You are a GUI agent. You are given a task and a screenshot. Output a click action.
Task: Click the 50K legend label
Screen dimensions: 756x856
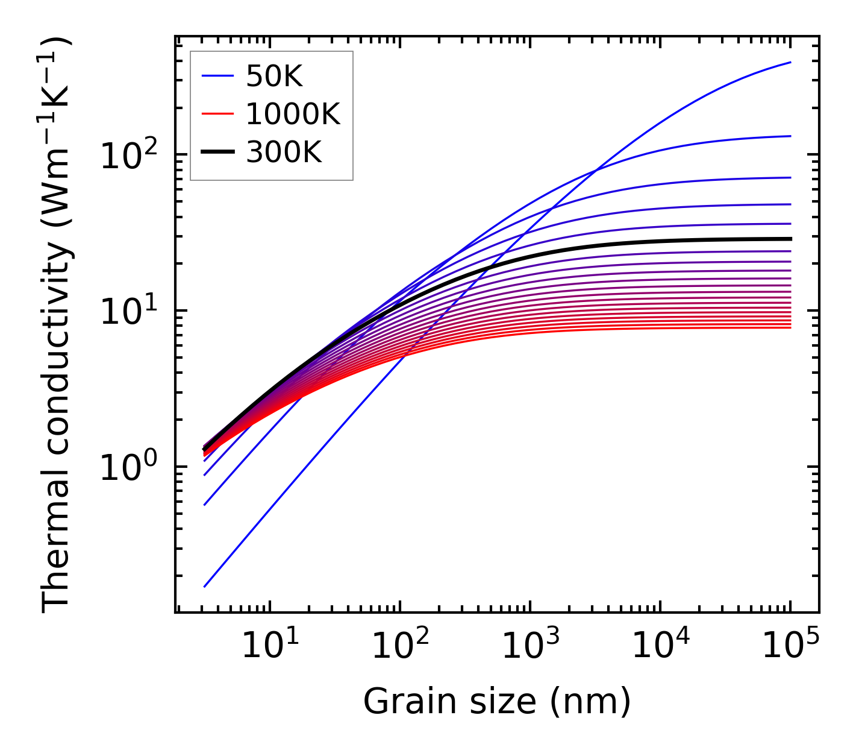pos(274,77)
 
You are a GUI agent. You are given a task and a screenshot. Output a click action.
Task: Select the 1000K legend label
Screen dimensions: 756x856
pos(293,115)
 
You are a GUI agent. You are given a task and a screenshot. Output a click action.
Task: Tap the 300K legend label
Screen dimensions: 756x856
pos(284,153)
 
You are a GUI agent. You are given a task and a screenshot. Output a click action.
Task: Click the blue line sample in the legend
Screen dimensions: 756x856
pos(217,77)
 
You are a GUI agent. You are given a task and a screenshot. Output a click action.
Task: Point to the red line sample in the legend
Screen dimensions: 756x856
pos(217,115)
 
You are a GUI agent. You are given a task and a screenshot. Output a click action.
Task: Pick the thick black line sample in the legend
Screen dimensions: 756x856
pos(217,153)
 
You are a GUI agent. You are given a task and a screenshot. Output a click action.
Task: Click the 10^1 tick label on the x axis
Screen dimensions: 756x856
pos(269,646)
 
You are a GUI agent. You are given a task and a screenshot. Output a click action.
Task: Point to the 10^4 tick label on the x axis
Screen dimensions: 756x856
pos(660,646)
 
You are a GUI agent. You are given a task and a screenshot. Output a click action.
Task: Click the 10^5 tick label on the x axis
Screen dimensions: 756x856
pos(790,646)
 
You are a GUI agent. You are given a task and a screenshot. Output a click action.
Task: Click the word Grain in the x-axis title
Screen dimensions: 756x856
pos(400,702)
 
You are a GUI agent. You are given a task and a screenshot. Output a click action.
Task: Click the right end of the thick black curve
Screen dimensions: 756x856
pos(790,239)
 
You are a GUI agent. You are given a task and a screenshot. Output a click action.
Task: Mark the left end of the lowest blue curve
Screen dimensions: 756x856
pos(205,586)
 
